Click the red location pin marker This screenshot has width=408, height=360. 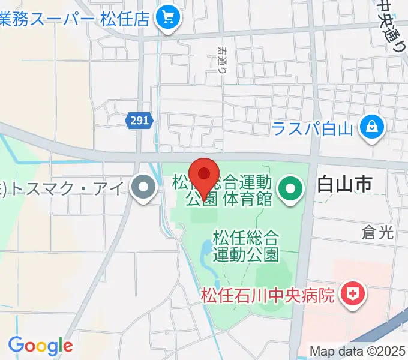[x=203, y=175]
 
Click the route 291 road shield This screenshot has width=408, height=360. [x=139, y=121]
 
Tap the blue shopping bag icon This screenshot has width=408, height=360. [x=372, y=127]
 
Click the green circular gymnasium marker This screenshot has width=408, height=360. [x=290, y=190]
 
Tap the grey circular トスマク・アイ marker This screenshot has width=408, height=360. [x=143, y=189]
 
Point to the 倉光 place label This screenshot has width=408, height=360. [x=378, y=233]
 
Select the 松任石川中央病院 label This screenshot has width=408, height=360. [x=267, y=295]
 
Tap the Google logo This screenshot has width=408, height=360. [x=40, y=345]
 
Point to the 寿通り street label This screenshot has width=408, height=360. [x=223, y=59]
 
